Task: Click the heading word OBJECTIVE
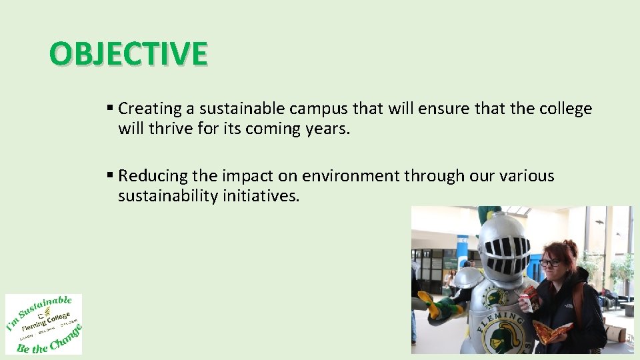pos(129,54)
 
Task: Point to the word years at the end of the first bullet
pos(325,129)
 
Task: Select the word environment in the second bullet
pos(351,176)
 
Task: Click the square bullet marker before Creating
pos(110,108)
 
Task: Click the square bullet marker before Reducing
pos(110,175)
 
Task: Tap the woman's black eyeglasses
pos(551,263)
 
